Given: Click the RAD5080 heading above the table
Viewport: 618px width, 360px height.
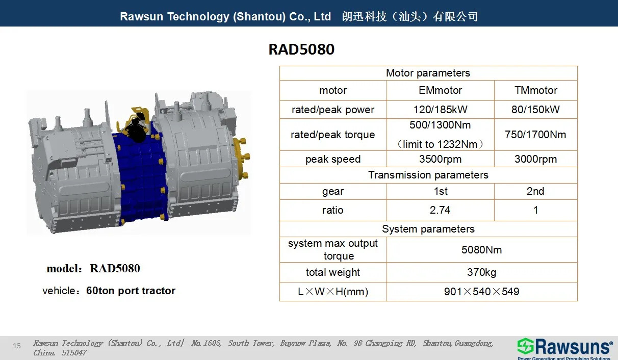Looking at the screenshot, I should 301,49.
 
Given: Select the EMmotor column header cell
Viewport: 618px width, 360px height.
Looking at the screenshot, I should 440,90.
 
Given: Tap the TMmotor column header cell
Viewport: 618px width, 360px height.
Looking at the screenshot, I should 535,90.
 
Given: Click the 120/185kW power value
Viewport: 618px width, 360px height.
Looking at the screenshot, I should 440,110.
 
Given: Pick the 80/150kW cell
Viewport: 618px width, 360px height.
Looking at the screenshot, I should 535,110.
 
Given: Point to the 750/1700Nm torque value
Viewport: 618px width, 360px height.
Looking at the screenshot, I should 535,135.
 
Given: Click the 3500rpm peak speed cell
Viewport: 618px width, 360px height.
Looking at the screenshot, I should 440,159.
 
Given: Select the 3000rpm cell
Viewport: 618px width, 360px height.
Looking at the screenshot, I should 535,159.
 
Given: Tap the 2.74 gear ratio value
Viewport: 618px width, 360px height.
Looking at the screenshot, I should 440,210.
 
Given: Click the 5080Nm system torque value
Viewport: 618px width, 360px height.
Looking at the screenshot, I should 481,250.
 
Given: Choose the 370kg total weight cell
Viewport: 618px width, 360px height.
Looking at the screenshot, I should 481,272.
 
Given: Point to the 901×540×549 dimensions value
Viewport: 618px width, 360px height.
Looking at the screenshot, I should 481,292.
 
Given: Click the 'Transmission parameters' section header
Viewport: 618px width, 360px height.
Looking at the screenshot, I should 428,175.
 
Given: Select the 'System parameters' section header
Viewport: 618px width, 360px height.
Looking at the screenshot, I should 428,229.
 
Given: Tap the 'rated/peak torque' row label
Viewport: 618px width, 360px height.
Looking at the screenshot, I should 332,135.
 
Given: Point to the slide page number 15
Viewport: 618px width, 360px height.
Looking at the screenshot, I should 17,346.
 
